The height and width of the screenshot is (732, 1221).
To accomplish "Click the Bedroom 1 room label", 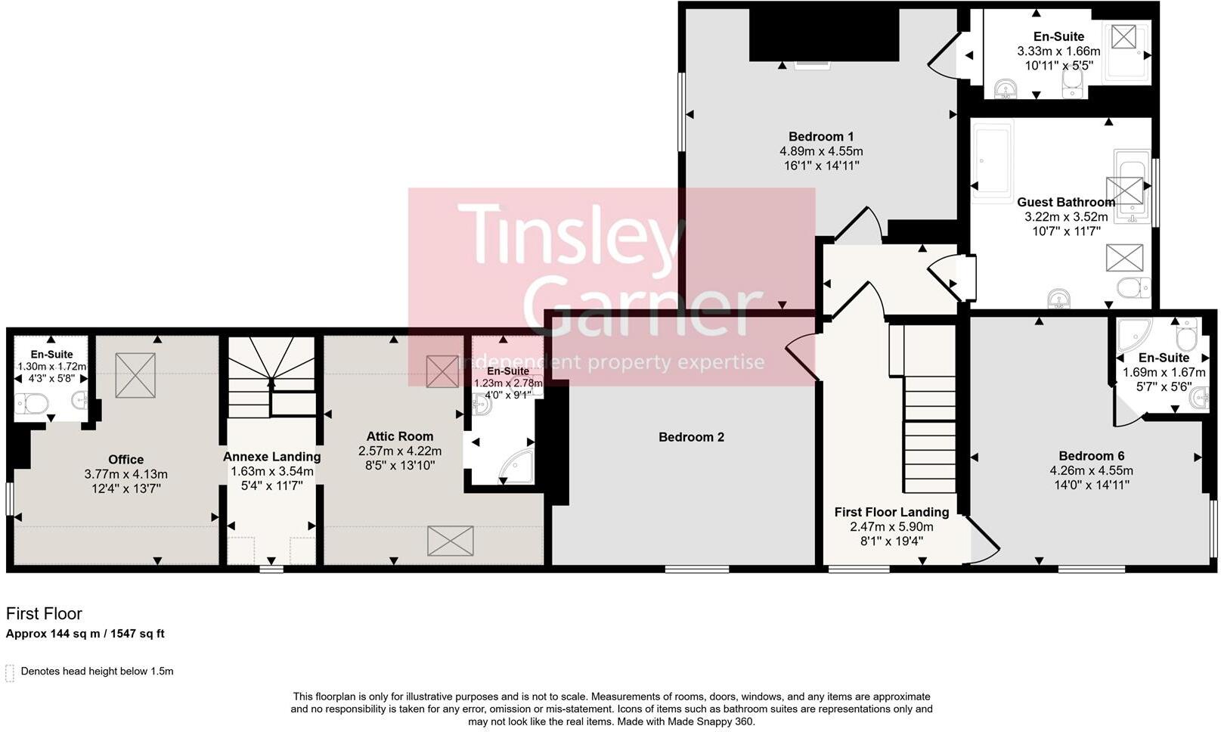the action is coord(821,136).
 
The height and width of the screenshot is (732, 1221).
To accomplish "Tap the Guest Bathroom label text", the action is coord(1066,202).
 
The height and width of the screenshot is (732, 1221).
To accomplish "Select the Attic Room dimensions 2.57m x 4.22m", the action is coord(399,451).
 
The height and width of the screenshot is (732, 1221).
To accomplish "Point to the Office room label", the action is coord(126,460).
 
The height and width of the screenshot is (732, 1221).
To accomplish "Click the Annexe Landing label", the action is coord(271,457).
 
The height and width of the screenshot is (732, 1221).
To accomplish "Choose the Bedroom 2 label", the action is coord(691,437).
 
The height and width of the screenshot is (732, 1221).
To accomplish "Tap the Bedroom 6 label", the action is coord(1091,456).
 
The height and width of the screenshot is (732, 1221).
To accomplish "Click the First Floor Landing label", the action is coord(892,513).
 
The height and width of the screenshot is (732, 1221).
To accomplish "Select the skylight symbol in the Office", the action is coord(135,374).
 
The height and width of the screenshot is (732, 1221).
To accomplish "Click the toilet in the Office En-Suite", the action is coord(31,404).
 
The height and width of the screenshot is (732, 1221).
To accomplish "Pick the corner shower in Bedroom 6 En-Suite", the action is coord(1134,334).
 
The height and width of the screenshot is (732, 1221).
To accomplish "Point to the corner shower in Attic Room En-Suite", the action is coord(516,467).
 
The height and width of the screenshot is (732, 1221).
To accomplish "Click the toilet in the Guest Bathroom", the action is coord(1133,288).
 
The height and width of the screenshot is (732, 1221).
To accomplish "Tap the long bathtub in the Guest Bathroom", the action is coord(993,161).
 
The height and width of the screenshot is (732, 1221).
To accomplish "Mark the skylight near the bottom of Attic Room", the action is coord(451,541).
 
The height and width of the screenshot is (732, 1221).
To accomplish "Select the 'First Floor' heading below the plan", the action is coord(44,614).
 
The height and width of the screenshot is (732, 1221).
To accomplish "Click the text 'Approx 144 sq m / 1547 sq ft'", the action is coord(85,634).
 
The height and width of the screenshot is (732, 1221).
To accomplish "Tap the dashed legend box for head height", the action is coord(10,673).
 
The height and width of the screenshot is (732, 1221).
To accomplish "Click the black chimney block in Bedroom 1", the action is coord(823,34).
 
